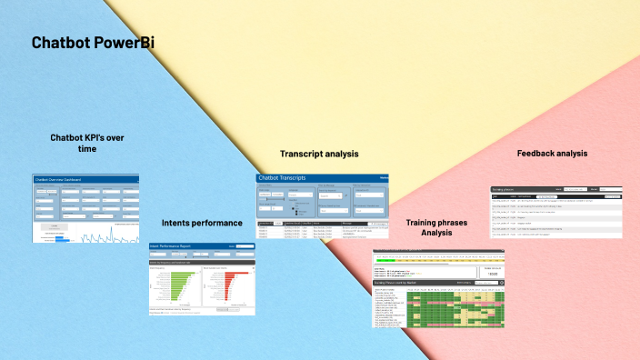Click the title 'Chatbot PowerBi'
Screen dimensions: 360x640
pos(93,43)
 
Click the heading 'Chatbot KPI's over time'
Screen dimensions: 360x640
pos(86,143)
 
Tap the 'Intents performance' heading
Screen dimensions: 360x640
pos(202,222)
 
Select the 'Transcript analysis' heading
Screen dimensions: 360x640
pos(319,154)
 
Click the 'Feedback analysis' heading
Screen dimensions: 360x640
pos(552,154)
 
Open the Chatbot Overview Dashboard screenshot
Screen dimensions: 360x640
pos(85,209)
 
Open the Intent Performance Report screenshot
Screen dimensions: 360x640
pos(202,279)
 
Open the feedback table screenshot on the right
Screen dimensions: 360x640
pos(556,212)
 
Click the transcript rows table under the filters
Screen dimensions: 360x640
pos(323,229)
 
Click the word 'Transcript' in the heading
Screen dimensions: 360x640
pos(303,154)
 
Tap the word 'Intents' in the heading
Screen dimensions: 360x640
pos(178,222)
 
